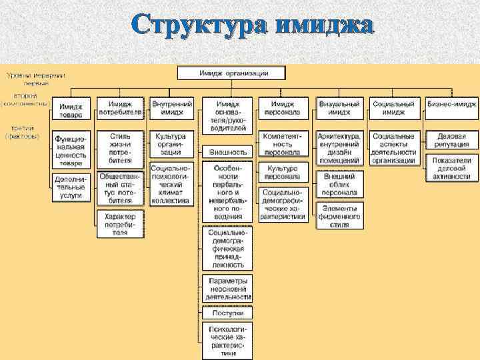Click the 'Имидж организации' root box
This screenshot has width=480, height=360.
233,72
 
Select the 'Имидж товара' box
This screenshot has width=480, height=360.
71,111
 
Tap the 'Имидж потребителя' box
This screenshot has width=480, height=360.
121,109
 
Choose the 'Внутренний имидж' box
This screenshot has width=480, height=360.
172,109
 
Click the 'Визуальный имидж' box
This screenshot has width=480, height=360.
340,109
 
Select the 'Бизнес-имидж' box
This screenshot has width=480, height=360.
451,105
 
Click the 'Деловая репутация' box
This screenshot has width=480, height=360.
451,140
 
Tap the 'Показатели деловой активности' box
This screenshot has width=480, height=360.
451,169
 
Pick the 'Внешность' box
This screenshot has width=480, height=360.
228,152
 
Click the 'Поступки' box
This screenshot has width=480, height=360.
228,312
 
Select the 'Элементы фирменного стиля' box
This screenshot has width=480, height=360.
340,216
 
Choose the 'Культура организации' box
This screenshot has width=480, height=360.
172,144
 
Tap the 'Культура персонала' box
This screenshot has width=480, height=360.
283,173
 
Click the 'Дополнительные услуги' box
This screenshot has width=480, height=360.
71,187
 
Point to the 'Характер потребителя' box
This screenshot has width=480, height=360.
120,225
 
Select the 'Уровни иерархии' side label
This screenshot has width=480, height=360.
32,75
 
